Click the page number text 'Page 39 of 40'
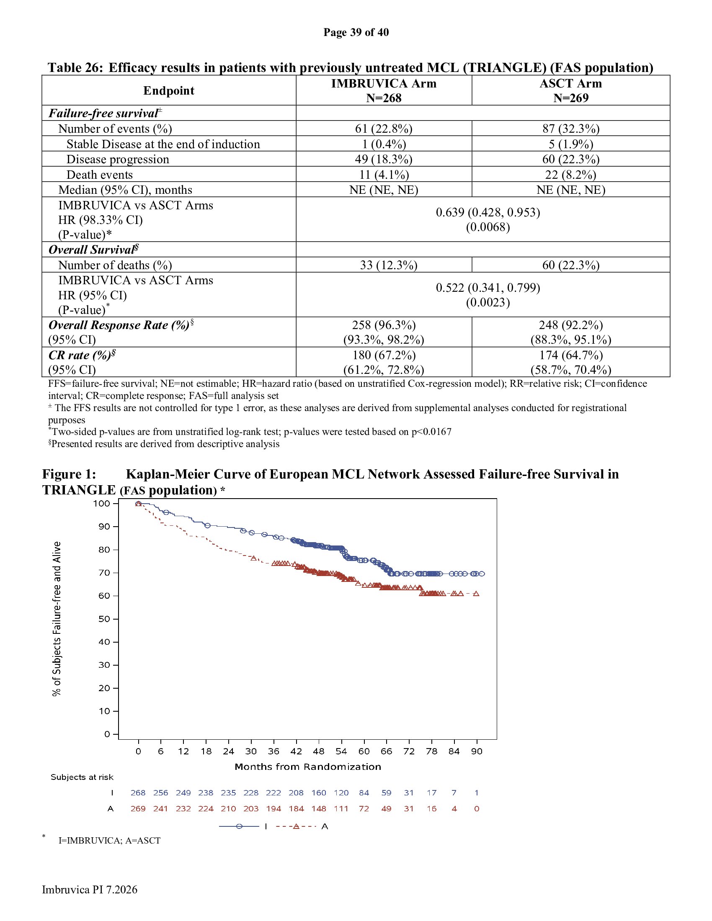click(356, 32)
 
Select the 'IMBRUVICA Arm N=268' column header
click(384, 90)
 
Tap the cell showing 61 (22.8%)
click(384, 128)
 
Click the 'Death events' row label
click(100, 174)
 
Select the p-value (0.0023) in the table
click(488, 302)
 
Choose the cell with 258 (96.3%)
click(384, 325)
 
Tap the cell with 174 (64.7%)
click(571, 355)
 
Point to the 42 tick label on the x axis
click(296, 751)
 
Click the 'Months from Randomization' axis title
click(308, 767)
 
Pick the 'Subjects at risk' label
click(82, 777)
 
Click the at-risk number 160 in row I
click(319, 793)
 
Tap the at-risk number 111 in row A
click(341, 809)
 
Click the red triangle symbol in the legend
click(296, 826)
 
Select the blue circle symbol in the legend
click(239, 826)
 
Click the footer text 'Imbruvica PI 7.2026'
click(90, 889)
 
